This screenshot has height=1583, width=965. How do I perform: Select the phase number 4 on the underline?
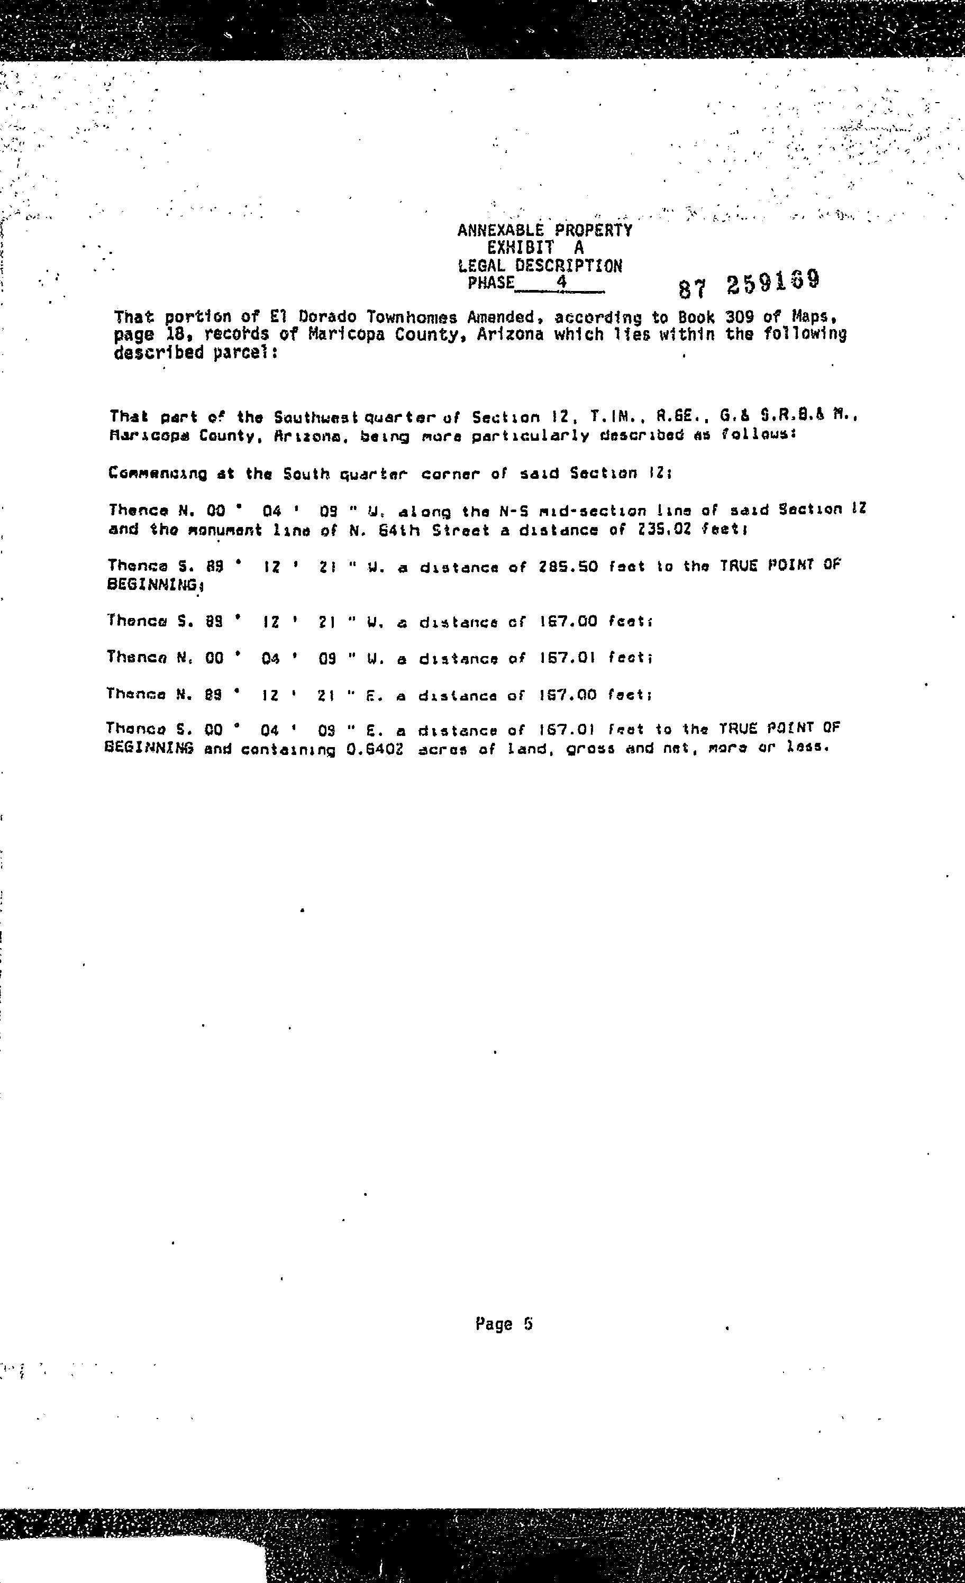tap(561, 282)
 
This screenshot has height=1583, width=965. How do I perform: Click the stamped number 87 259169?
tap(749, 284)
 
